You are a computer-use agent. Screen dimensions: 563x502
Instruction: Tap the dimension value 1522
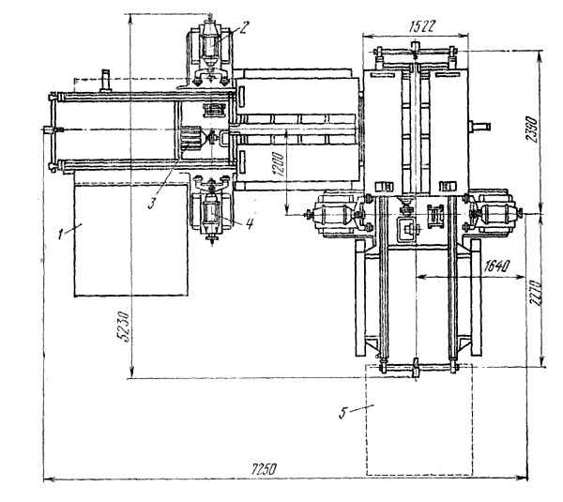point(422,26)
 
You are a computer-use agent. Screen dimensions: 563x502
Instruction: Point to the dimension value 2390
point(533,130)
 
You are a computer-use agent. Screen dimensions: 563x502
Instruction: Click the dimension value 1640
point(496,266)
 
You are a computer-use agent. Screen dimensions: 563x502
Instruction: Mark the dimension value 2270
point(535,293)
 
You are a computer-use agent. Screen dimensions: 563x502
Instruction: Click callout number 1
point(62,235)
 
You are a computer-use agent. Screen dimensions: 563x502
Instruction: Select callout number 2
point(244,27)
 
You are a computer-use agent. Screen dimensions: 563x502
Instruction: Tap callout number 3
point(152,204)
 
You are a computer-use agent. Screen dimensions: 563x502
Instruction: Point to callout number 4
point(250,223)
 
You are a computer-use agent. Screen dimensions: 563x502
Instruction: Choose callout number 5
point(343,413)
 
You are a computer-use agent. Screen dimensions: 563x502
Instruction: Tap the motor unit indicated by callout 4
point(211,208)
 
